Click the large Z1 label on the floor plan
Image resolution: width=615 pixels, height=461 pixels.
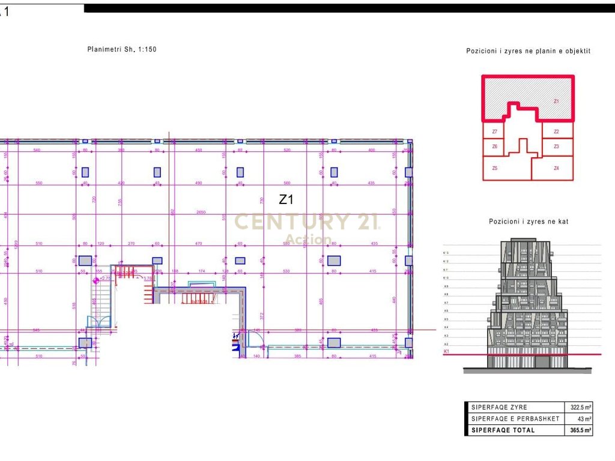pyautogui.click(x=286, y=199)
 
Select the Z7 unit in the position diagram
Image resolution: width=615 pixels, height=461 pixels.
pyautogui.click(x=494, y=131)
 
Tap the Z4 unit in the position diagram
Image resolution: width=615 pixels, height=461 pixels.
pyautogui.click(x=556, y=169)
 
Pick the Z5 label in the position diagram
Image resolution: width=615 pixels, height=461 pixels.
pyautogui.click(x=494, y=169)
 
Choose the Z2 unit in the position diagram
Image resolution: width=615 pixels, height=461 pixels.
pyautogui.click(x=556, y=131)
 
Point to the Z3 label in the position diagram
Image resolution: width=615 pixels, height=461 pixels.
pyautogui.click(x=556, y=146)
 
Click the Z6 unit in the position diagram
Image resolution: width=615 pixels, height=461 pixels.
pyautogui.click(x=494, y=146)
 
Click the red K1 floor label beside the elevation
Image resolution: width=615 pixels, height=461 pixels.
pyautogui.click(x=446, y=351)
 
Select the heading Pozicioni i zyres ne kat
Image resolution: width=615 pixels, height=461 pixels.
pyautogui.click(x=529, y=221)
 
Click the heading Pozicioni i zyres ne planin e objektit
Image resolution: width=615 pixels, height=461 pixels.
pyautogui.click(x=529, y=51)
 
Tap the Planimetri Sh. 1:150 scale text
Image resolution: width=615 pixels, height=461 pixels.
pyautogui.click(x=122, y=49)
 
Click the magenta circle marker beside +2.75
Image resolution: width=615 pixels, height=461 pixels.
pyautogui.click(x=95, y=279)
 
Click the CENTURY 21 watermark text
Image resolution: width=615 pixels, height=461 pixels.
pyautogui.click(x=306, y=222)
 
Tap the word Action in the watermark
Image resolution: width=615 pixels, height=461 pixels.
pyautogui.click(x=308, y=240)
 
